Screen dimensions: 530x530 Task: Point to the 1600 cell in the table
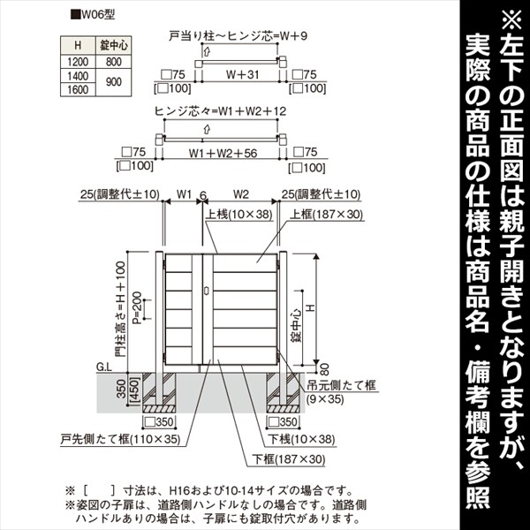(x=79, y=90)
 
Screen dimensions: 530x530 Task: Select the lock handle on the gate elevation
(x=206, y=289)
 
